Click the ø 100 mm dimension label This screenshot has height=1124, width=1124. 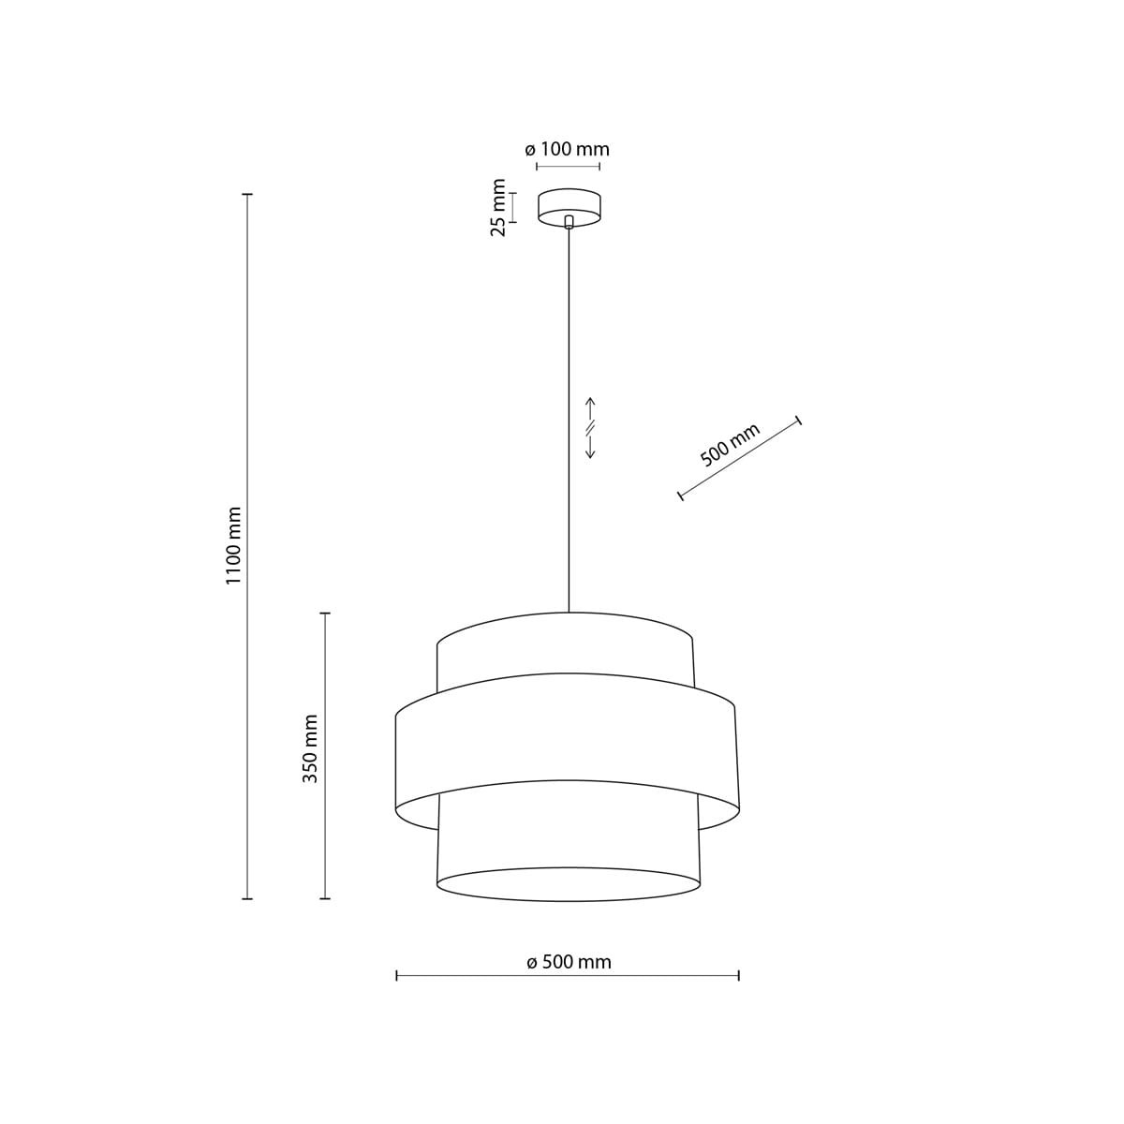pyautogui.click(x=567, y=150)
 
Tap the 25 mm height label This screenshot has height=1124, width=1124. pyautogui.click(x=498, y=208)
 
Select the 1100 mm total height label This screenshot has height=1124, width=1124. pyautogui.click(x=234, y=545)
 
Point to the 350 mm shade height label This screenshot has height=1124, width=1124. pyautogui.click(x=312, y=748)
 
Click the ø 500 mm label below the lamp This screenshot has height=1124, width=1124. pyautogui.click(x=569, y=962)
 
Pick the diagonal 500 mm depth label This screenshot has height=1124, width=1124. pyautogui.click(x=731, y=446)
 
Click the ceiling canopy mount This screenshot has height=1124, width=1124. pyautogui.click(x=569, y=208)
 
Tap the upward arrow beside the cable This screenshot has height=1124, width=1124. pyautogui.click(x=590, y=409)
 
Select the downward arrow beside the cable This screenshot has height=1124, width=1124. pyautogui.click(x=590, y=447)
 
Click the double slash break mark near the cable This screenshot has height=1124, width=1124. pyautogui.click(x=590, y=428)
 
